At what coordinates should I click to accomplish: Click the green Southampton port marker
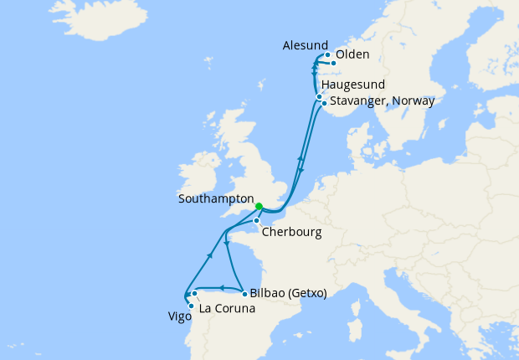pos(259,206)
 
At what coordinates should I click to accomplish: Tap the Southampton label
pos(216,199)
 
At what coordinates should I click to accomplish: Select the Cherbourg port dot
pos(257,221)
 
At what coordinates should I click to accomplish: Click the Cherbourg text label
pos(291,232)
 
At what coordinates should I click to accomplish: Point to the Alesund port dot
pos(327,55)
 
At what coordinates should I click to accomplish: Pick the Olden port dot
pos(333,63)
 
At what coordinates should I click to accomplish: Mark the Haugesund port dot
pos(319,97)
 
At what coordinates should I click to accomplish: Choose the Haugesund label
pos(352,85)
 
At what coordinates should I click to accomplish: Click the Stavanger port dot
pos(324,104)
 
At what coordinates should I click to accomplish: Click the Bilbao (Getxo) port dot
pos(244,294)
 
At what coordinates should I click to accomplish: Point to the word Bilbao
pos(267,294)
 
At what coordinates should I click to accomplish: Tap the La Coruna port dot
pos(194,294)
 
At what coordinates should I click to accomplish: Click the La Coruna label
pos(227,308)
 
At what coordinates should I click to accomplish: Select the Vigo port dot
pos(191,306)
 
